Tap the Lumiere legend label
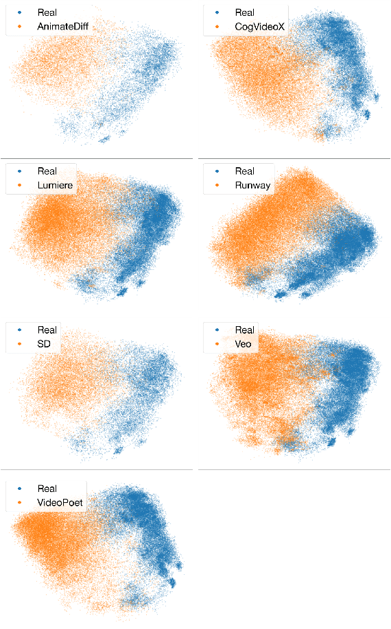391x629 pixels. click(x=56, y=186)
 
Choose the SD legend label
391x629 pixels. click(x=45, y=344)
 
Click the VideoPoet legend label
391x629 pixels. click(x=60, y=503)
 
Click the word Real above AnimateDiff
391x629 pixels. click(x=47, y=13)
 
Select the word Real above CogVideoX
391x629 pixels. click(x=245, y=13)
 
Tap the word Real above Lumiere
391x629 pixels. click(x=47, y=171)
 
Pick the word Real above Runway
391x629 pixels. click(x=245, y=171)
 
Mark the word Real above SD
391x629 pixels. click(x=47, y=330)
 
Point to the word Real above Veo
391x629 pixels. click(x=245, y=330)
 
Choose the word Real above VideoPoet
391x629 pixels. click(x=47, y=489)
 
